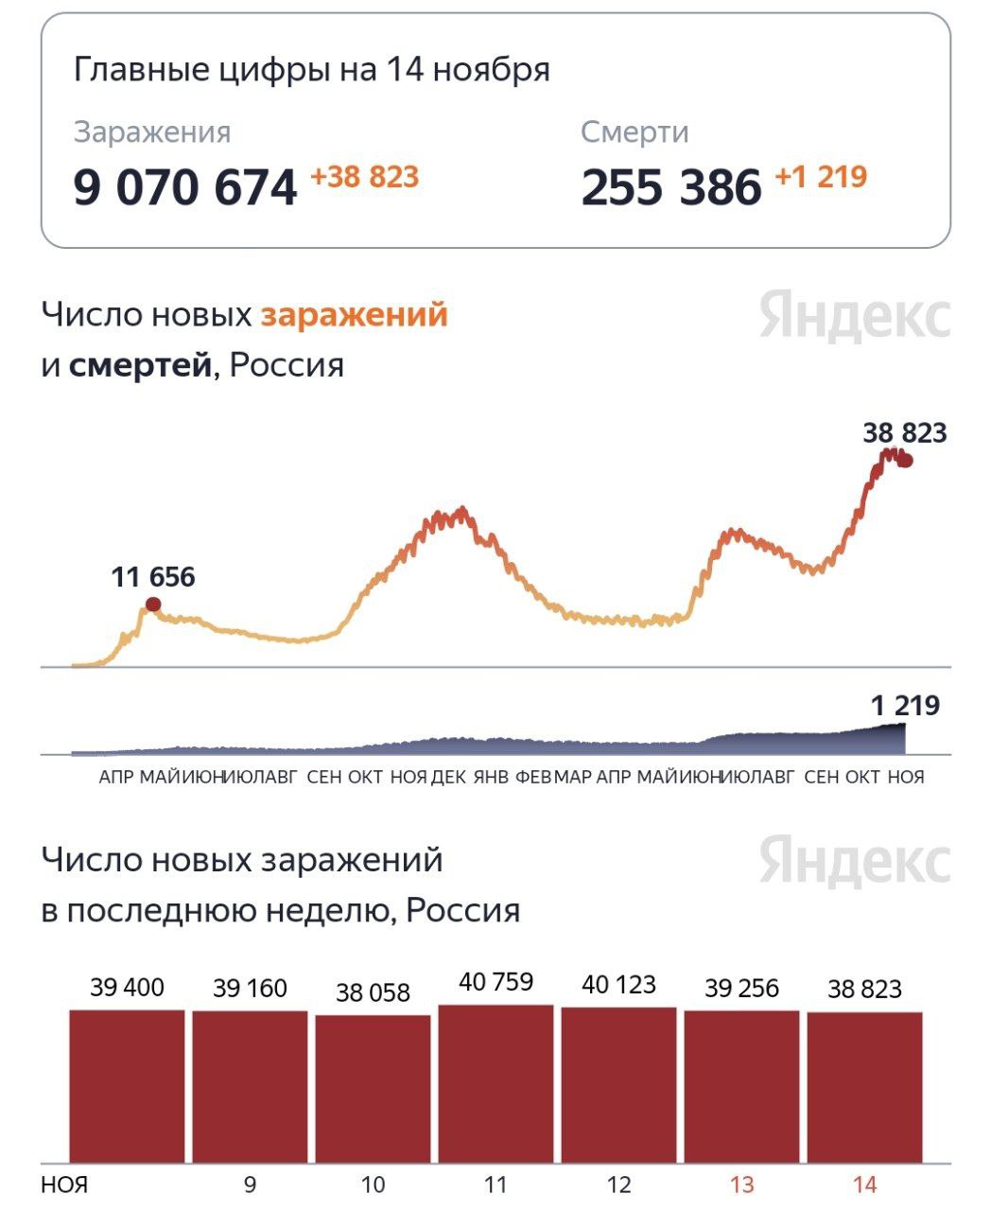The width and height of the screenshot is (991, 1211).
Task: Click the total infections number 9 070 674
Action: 185,186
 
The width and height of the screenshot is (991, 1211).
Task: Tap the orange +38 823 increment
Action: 364,177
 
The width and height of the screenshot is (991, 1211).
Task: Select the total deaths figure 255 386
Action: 670,186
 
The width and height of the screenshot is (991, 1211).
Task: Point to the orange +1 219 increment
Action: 821,177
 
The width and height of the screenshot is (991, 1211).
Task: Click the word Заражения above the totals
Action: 152,132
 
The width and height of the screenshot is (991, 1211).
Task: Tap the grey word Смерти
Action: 635,132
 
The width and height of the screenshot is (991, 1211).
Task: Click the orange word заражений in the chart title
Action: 354,314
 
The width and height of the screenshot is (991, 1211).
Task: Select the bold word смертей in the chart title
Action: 140,365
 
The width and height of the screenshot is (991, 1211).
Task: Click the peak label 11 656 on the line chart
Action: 153,577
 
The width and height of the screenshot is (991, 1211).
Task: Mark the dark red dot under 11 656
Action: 153,605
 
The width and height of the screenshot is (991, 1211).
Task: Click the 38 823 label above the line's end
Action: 904,433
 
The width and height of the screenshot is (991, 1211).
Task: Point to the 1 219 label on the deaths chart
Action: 905,706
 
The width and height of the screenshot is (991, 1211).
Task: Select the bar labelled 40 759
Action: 495,1083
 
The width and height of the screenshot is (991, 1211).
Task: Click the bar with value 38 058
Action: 373,1088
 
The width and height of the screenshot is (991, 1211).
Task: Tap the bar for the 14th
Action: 864,1087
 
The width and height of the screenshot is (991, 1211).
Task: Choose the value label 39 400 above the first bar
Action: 127,988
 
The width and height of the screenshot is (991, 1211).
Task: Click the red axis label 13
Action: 742,1185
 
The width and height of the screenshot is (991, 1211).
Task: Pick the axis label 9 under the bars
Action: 250,1185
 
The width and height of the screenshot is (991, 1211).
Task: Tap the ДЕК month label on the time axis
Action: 448,777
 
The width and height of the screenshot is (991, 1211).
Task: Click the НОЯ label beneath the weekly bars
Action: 64,1185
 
